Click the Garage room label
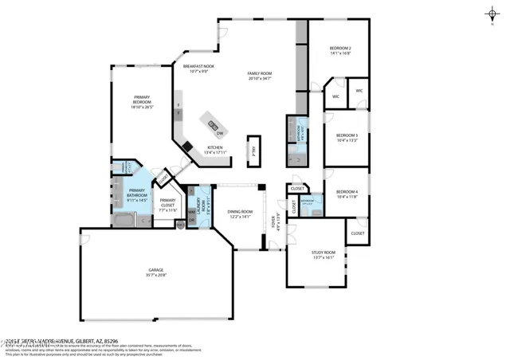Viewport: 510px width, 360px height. [155, 272]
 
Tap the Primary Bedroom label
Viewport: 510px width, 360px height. [142, 103]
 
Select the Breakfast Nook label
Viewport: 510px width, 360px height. [198, 69]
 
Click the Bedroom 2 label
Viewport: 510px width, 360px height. [340, 51]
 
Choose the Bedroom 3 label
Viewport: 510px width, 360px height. [346, 137]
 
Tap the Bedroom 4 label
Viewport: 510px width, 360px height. [346, 194]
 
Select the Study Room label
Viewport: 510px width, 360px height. [324, 254]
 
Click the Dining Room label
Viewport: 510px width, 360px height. [240, 214]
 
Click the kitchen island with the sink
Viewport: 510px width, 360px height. [213, 123]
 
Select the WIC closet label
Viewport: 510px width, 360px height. [335, 96]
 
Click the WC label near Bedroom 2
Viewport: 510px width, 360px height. [359, 91]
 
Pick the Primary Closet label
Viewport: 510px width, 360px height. [167, 202]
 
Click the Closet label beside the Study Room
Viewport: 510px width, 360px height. [357, 233]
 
